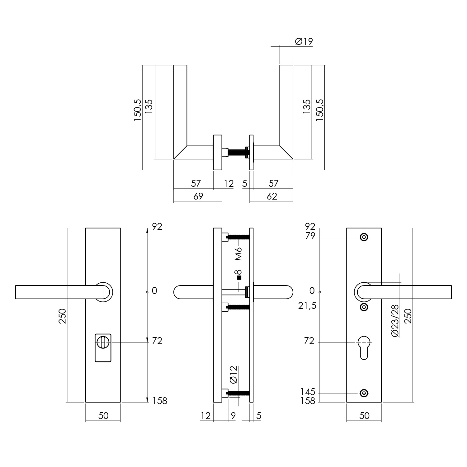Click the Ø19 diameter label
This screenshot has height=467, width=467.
point(303,41)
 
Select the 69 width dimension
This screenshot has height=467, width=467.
point(198,196)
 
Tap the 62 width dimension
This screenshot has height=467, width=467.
point(272,196)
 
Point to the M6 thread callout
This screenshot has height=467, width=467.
point(238,254)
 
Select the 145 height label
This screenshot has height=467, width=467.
point(308,392)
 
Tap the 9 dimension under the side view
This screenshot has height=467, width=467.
point(233,416)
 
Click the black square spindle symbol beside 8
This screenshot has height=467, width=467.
point(239,278)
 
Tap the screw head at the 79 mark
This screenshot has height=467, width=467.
point(364,237)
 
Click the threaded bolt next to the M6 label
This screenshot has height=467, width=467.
point(238,237)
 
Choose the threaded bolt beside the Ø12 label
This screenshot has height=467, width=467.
point(238,393)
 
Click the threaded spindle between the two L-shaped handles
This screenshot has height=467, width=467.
point(237,153)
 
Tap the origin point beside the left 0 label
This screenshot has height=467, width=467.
point(147,292)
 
